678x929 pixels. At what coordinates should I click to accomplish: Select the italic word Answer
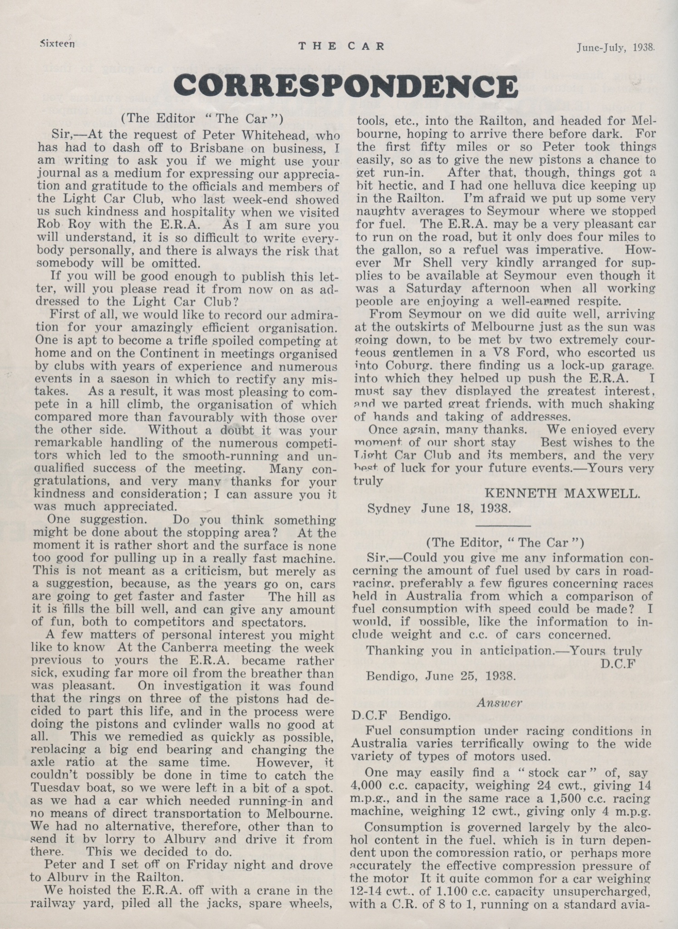[500, 702]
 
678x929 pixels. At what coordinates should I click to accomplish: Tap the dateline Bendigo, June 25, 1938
[441, 676]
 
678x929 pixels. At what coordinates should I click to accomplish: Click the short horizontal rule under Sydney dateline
[502, 525]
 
